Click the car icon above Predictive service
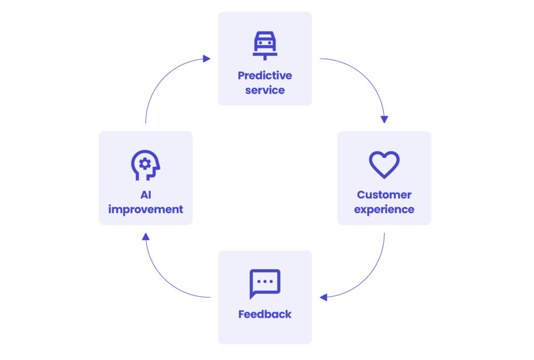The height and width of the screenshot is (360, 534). pyautogui.click(x=265, y=44)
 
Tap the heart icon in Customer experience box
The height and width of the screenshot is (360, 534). pyautogui.click(x=384, y=164)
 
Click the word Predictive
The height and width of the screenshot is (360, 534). pyautogui.click(x=265, y=76)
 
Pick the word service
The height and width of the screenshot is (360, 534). pyautogui.click(x=265, y=90)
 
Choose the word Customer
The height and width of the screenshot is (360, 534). pyautogui.click(x=384, y=195)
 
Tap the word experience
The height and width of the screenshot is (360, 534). pyautogui.click(x=384, y=210)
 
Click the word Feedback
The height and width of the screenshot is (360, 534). pyautogui.click(x=265, y=315)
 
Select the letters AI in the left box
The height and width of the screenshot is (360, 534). pyautogui.click(x=145, y=195)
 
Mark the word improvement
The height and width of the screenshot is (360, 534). pyautogui.click(x=145, y=210)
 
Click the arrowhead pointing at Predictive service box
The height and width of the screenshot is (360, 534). pyautogui.click(x=207, y=59)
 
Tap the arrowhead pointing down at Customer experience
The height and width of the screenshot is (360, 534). pyautogui.click(x=384, y=119)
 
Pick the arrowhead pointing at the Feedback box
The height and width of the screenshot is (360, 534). pyautogui.click(x=323, y=297)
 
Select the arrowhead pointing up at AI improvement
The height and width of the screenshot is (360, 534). pyautogui.click(x=145, y=237)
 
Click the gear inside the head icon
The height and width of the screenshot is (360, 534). pyautogui.click(x=144, y=163)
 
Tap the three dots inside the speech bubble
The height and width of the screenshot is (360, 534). pyautogui.click(x=265, y=281)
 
